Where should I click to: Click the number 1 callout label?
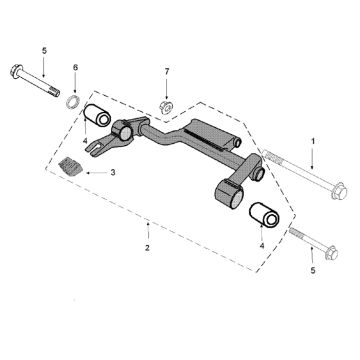(313, 141)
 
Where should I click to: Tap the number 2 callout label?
(148, 248)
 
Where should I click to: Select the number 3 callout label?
(113, 172)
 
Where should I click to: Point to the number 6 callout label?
(75, 67)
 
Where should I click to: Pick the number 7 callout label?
(167, 71)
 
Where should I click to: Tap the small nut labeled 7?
(166, 107)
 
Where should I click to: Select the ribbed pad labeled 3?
(70, 166)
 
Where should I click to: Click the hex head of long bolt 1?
(339, 191)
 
